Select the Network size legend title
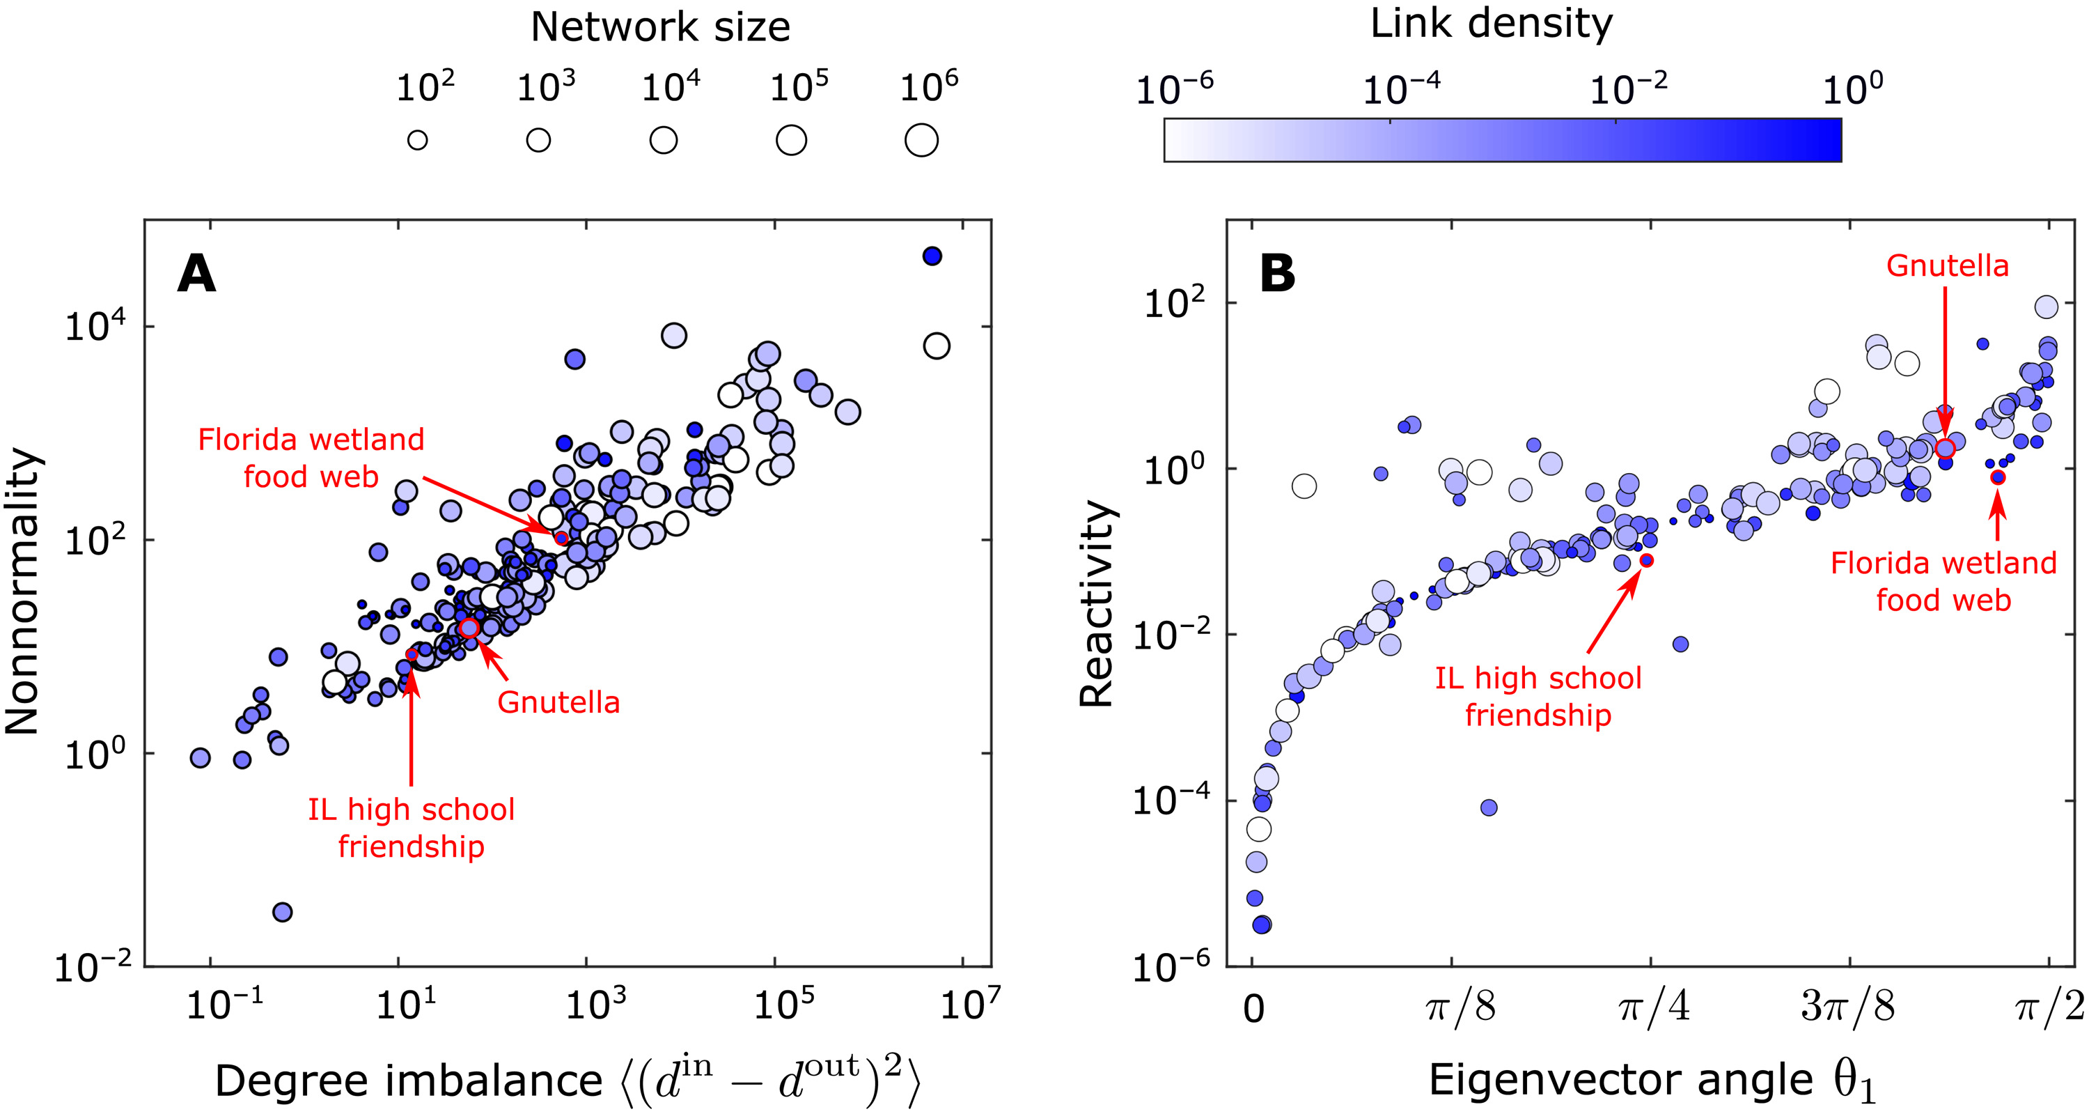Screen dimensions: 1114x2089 [660, 28]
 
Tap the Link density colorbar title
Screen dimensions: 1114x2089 [1491, 24]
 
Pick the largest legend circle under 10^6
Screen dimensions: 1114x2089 [921, 140]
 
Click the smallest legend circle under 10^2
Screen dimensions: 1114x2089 [418, 140]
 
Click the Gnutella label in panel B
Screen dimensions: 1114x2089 [1947, 266]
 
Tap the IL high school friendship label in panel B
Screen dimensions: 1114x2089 [1538, 696]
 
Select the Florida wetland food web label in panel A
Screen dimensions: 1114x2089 [311, 458]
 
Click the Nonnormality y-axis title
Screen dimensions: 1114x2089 [23, 591]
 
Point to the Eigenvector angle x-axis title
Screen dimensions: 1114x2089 [1652, 1081]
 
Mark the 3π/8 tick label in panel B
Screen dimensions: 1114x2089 [1848, 1007]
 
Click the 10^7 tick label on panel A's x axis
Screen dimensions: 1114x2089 [970, 1005]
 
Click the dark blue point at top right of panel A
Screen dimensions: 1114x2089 [932, 256]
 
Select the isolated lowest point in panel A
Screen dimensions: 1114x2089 [282, 912]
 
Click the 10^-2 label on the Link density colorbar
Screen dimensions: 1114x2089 [1629, 89]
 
